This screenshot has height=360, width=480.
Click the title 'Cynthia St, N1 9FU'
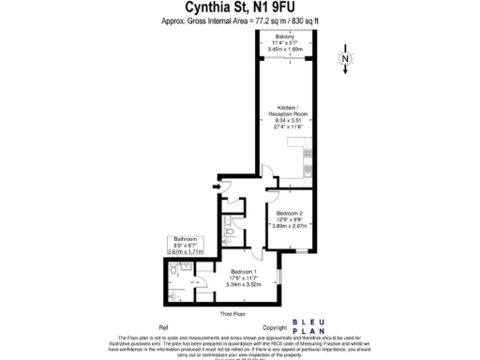[240, 7]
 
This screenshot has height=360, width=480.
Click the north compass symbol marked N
[345, 61]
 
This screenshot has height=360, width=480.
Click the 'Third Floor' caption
[232, 312]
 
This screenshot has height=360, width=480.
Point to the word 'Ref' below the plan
[163, 328]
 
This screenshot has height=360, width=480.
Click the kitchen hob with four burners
[305, 148]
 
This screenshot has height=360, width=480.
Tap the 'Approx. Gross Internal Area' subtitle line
[240, 20]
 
